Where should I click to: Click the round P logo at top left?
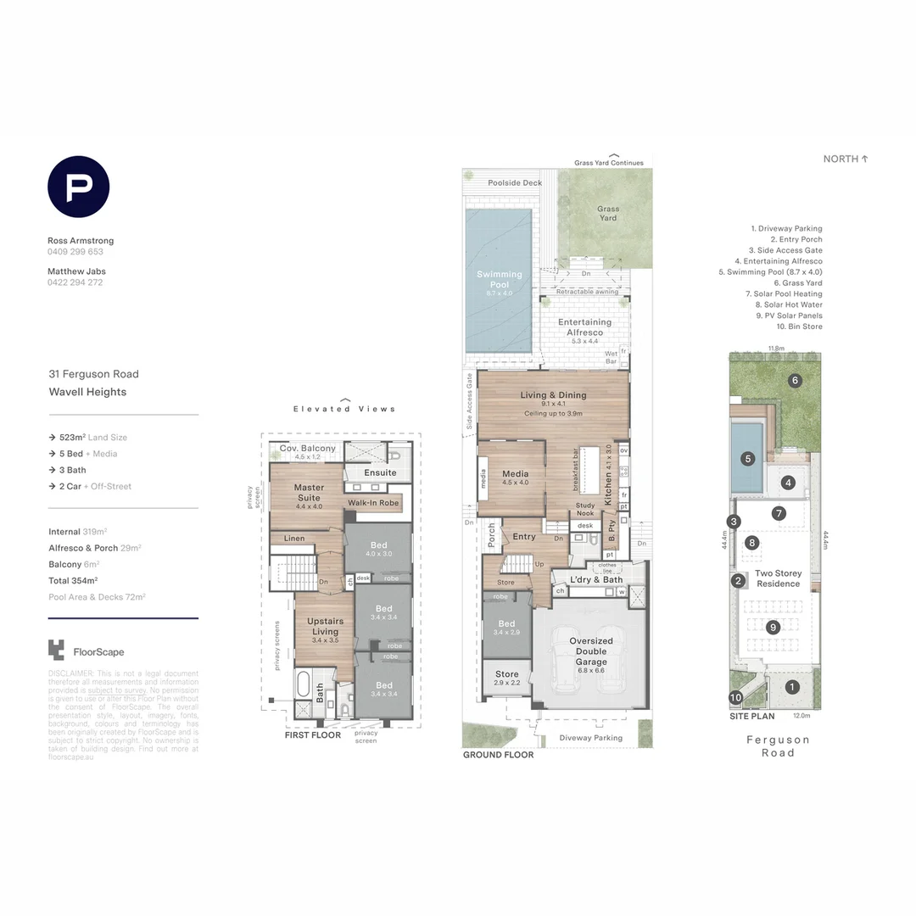pyautogui.click(x=78, y=187)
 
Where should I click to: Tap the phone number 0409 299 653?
pyautogui.click(x=75, y=252)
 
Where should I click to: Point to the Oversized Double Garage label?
pyautogui.click(x=591, y=651)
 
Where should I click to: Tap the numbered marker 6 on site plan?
pyautogui.click(x=795, y=381)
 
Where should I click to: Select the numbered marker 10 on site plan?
pyautogui.click(x=735, y=698)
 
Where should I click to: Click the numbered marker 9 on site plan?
pyautogui.click(x=772, y=628)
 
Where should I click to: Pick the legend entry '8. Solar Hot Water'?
pyautogui.click(x=788, y=304)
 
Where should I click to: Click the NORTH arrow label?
pyautogui.click(x=846, y=159)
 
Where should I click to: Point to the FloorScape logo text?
pyautogui.click(x=98, y=652)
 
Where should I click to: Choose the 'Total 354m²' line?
pyautogui.click(x=73, y=580)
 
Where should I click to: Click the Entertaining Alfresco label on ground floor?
pyautogui.click(x=584, y=327)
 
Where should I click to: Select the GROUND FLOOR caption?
pyautogui.click(x=498, y=755)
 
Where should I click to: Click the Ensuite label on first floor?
pyautogui.click(x=380, y=472)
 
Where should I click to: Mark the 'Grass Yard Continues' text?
pyautogui.click(x=608, y=163)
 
